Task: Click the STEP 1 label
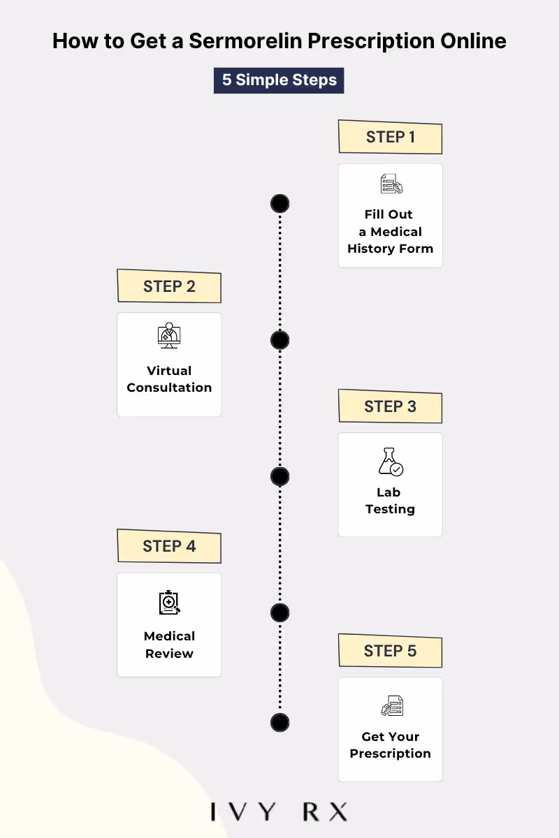390,137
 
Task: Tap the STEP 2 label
169,286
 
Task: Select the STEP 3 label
390,406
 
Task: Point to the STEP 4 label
169,546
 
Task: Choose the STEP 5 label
390,651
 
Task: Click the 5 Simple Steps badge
279,80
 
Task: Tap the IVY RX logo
279,812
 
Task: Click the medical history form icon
391,184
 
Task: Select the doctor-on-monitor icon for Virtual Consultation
168,335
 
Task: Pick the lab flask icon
390,462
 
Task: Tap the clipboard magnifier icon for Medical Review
169,602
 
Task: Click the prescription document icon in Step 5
391,705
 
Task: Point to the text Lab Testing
390,501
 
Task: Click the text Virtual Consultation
169,379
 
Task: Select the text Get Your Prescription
390,745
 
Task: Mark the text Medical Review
169,645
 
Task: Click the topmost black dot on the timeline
279,204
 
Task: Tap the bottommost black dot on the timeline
279,722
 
